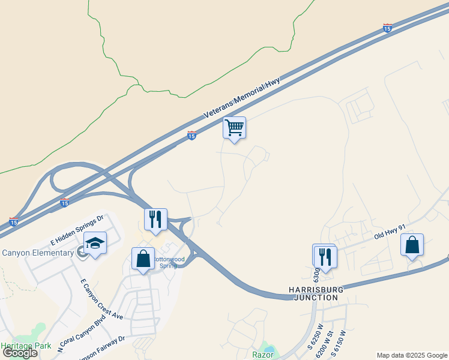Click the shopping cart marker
234,127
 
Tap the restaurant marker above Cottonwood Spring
155,220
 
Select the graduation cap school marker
95,243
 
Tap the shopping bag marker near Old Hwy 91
412,245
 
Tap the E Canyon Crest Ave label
101,298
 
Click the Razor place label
263,355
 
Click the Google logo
20,353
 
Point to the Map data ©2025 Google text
412,355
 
